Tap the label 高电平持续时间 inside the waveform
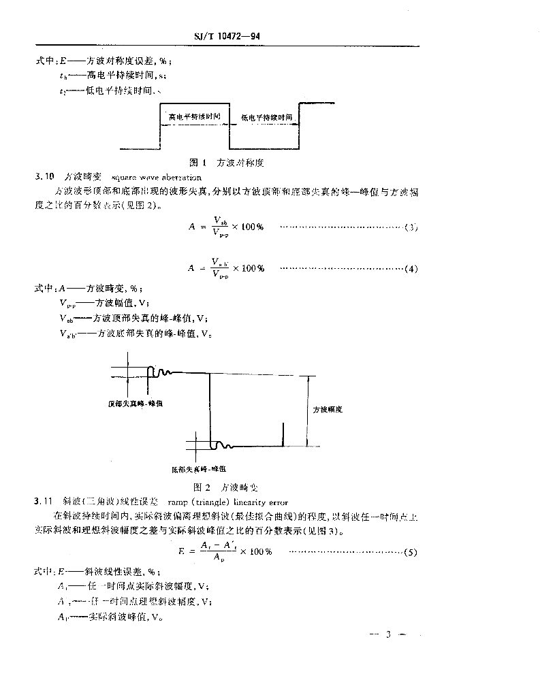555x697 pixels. coord(195,117)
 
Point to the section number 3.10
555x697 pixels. coord(44,176)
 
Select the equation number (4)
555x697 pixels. coord(410,269)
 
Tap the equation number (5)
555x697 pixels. coord(410,552)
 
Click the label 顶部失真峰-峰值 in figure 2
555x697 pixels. coord(135,404)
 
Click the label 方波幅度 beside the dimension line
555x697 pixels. coord(327,410)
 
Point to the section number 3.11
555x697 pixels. coord(44,502)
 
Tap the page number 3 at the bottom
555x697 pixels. coord(387,635)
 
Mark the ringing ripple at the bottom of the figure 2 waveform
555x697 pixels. coord(223,446)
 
